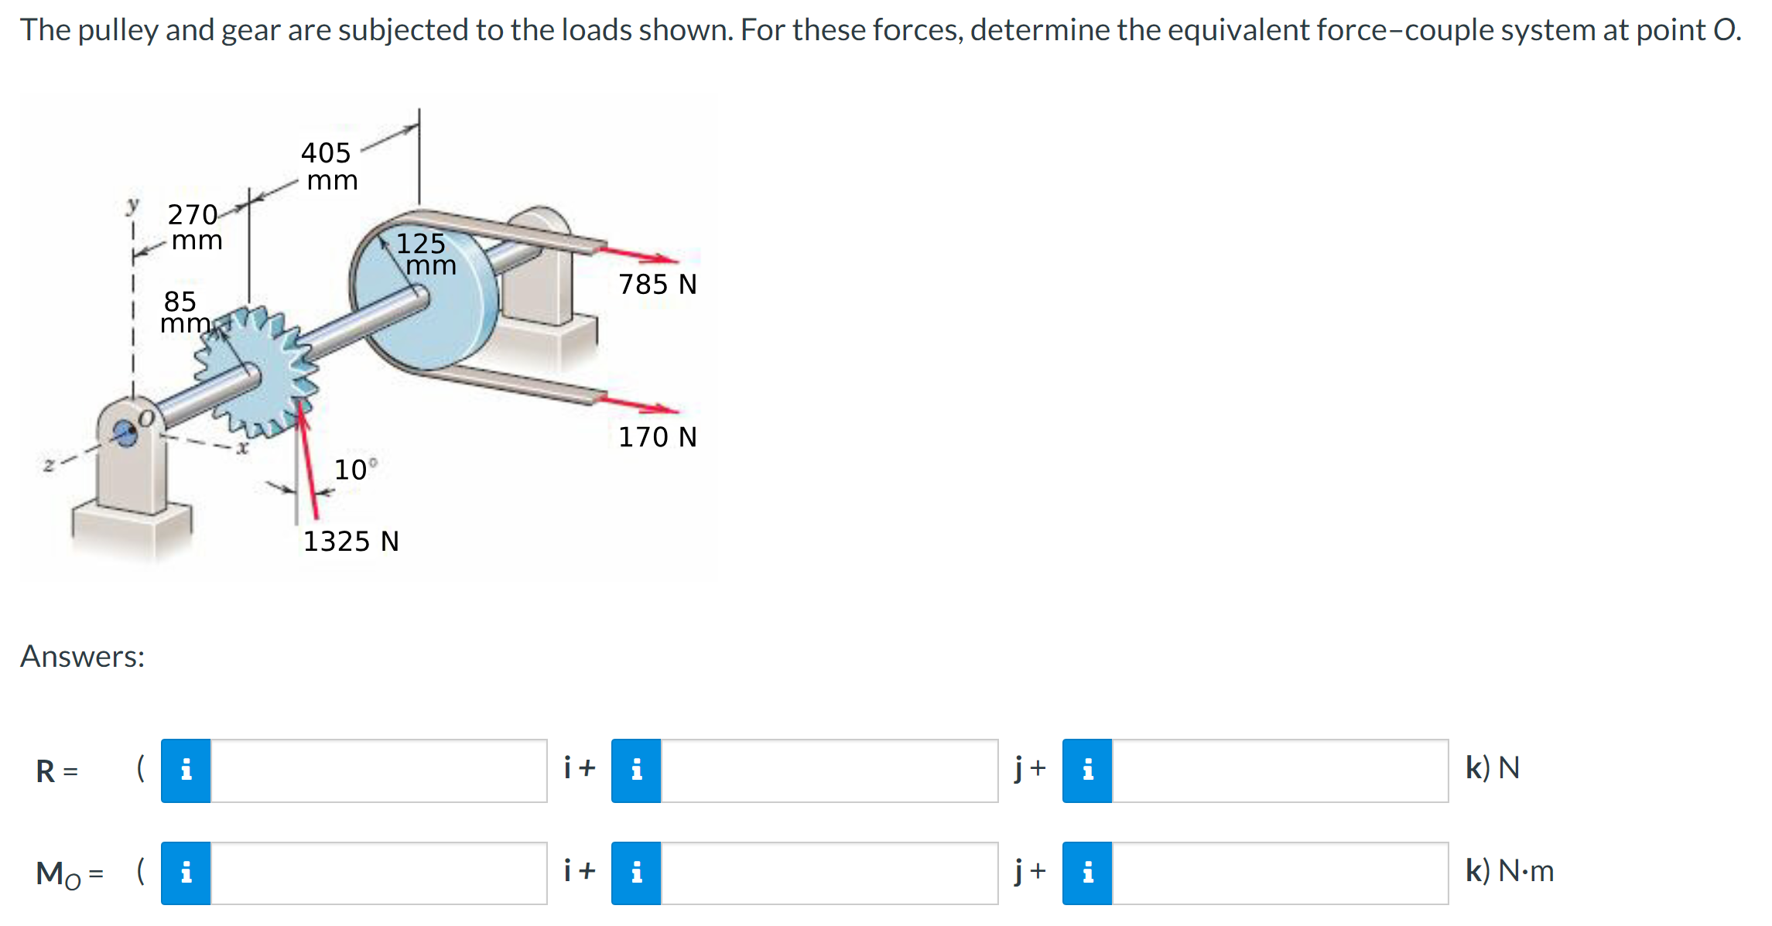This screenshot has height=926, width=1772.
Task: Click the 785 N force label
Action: click(657, 285)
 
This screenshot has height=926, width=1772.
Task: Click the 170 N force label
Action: click(657, 437)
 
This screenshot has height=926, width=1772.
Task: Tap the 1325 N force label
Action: click(351, 541)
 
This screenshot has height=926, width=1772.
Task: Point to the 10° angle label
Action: click(354, 470)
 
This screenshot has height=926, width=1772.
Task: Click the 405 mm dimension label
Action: click(328, 166)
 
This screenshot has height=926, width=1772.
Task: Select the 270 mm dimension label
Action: click(195, 227)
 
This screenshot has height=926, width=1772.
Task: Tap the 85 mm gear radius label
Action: click(183, 312)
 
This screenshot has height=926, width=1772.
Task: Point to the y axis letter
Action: click(133, 205)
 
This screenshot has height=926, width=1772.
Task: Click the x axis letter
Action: click(242, 448)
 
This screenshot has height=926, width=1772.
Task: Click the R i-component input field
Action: click(378, 771)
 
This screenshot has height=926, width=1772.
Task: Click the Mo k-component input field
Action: click(1280, 873)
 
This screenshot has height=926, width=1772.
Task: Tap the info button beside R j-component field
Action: click(636, 771)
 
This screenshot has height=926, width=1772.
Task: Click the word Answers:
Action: click(83, 657)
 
